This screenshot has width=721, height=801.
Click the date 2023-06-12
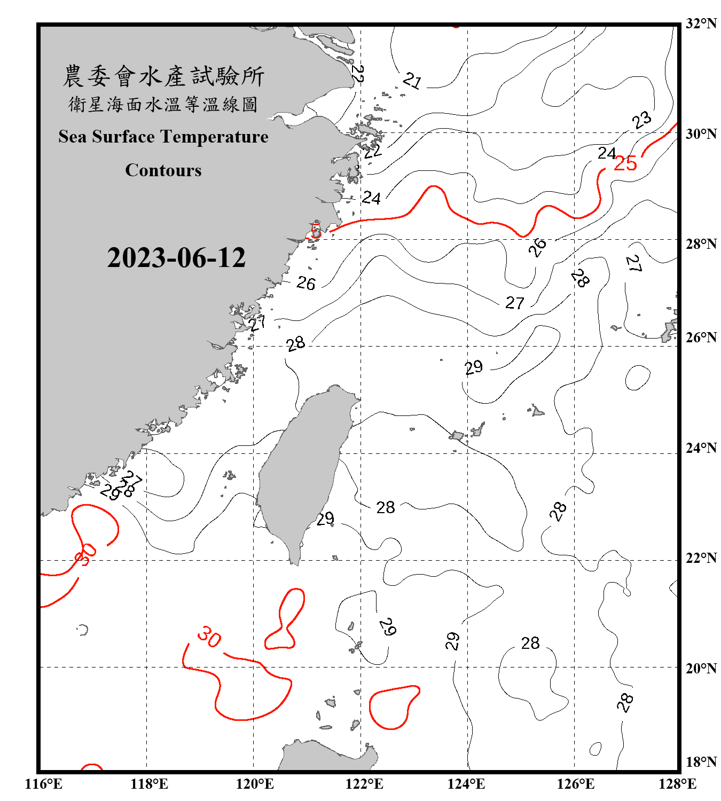(176, 257)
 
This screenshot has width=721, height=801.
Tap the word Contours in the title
(163, 170)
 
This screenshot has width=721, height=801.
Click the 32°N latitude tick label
(701, 23)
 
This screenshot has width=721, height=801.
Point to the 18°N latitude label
(701, 761)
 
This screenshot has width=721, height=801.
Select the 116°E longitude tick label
(43, 784)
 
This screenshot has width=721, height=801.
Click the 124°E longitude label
(466, 784)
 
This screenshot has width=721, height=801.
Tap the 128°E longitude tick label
(677, 784)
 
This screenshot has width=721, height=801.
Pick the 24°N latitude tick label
(701, 447)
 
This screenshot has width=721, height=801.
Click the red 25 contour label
(625, 163)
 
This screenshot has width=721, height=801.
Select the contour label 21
(412, 81)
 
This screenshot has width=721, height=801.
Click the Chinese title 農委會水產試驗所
(163, 76)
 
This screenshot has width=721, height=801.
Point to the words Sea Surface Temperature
(163, 137)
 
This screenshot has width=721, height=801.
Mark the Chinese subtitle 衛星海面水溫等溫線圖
(163, 104)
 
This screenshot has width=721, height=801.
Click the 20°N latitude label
(701, 668)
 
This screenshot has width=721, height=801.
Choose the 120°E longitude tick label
(255, 784)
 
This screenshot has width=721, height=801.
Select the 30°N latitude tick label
(701, 133)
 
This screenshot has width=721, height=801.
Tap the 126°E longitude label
(575, 784)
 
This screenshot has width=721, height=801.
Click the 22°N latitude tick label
(701, 558)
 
